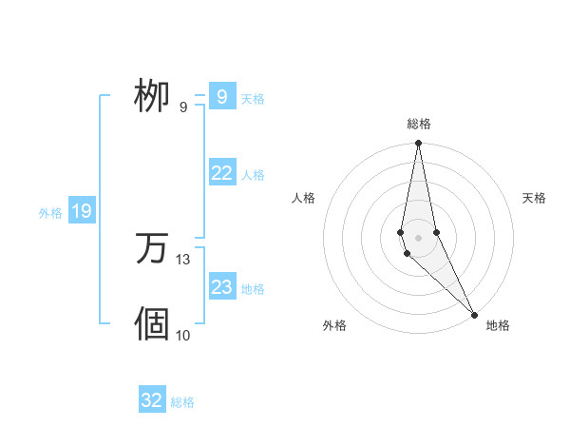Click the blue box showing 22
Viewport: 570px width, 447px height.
(x=222, y=173)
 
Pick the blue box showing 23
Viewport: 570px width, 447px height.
(x=222, y=287)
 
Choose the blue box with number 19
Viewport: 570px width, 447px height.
(x=82, y=211)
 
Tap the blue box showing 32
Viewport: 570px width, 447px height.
(x=152, y=400)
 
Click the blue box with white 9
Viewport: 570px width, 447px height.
(x=221, y=97)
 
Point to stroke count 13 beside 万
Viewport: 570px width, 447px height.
(x=183, y=259)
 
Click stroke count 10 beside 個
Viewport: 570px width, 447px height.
(x=183, y=335)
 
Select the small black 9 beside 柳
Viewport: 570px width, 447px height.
(x=183, y=107)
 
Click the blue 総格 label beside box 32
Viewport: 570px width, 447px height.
(x=182, y=402)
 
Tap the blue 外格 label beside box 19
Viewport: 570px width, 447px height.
(x=50, y=213)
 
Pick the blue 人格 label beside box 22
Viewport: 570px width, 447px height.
(x=253, y=175)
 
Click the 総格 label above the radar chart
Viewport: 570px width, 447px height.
(x=419, y=124)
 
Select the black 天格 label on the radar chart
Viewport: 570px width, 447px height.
(x=534, y=198)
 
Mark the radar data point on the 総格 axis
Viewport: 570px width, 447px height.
(x=419, y=144)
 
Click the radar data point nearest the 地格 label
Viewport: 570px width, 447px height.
(x=475, y=314)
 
